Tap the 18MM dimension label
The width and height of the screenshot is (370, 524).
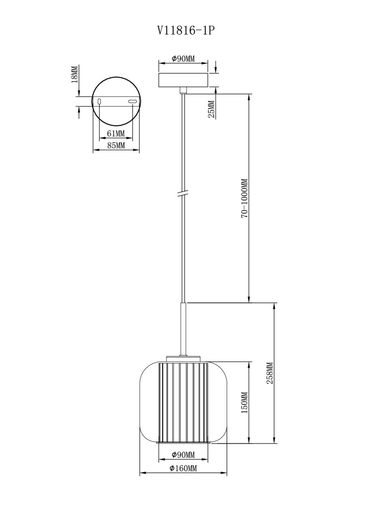[75, 74]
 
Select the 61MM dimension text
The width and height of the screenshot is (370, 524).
[116, 133]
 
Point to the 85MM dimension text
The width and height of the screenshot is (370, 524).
[116, 145]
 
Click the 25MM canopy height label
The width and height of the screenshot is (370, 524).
[211, 109]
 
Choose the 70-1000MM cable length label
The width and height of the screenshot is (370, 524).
[244, 199]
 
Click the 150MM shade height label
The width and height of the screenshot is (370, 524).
[244, 402]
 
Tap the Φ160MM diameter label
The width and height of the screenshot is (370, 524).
[183, 469]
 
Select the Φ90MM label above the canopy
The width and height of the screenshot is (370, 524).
[183, 59]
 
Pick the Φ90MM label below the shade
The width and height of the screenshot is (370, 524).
[183, 455]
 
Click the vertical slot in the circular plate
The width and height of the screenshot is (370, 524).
[100, 102]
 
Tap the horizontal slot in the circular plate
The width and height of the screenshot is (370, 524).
[132, 102]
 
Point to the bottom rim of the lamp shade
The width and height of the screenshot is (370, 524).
[183, 443]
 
